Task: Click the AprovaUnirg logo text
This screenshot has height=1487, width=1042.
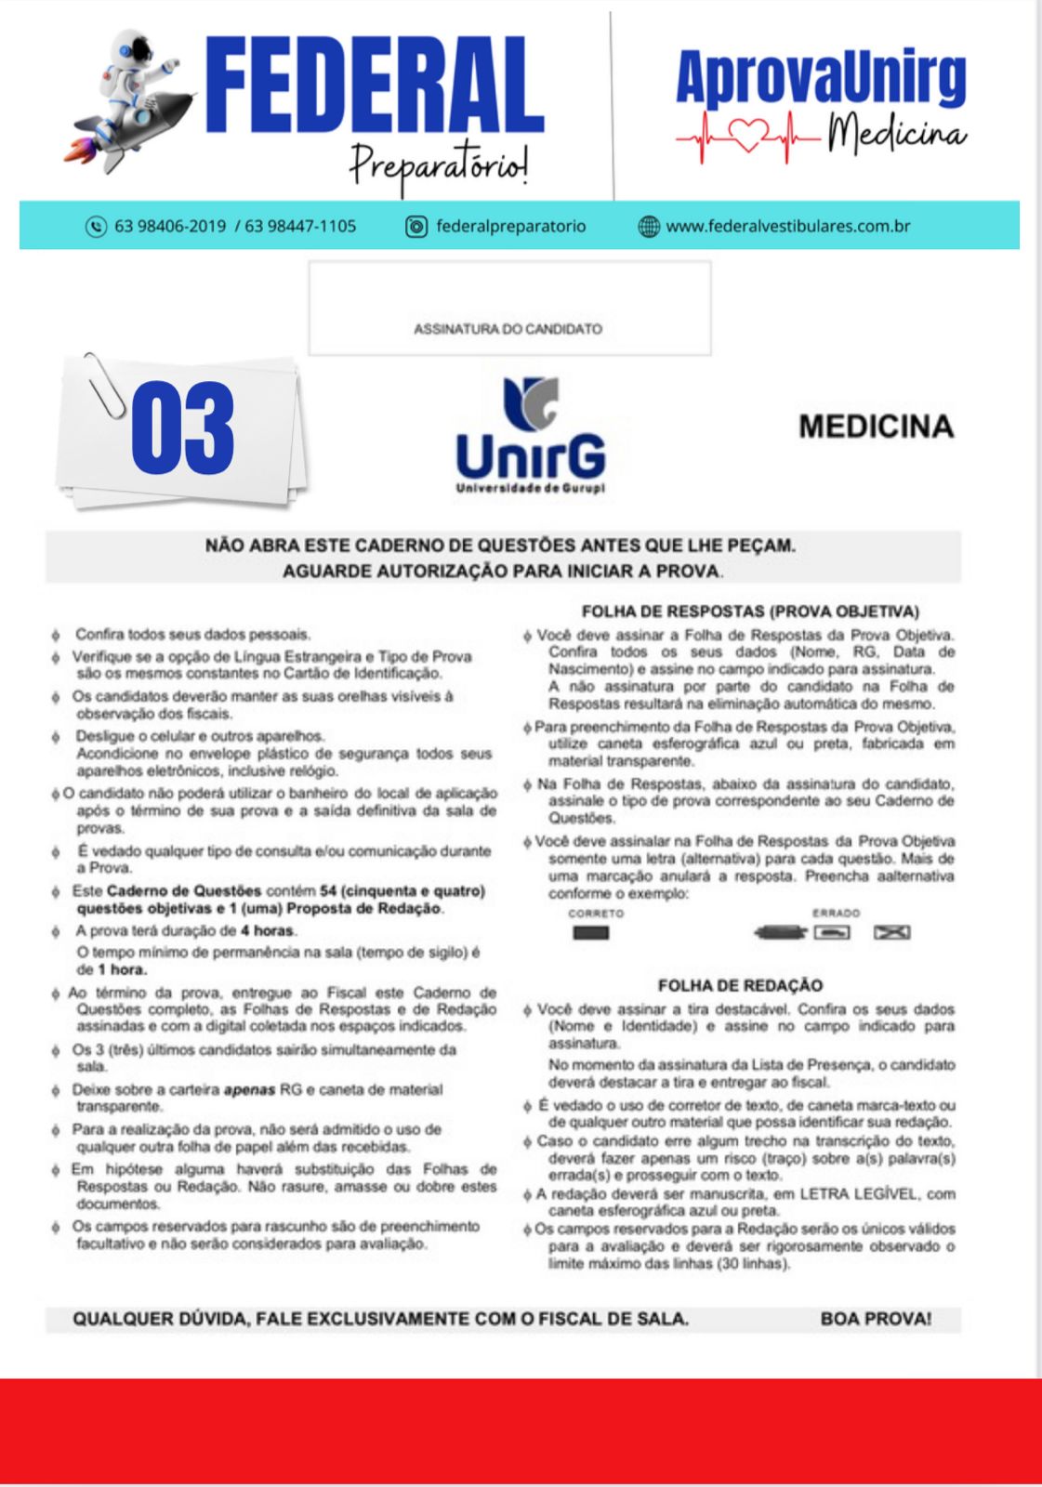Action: pos(821,78)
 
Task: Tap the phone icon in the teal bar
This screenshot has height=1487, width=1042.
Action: pos(96,227)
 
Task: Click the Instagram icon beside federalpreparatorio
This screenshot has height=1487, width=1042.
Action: pos(416,227)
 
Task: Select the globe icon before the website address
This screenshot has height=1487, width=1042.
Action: pos(649,227)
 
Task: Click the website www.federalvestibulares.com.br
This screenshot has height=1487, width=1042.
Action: pos(787,226)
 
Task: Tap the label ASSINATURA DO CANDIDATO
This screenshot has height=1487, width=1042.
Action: pos(508,329)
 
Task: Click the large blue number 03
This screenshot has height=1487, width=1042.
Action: pos(183,428)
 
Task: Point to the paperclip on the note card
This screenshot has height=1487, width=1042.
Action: pos(104,386)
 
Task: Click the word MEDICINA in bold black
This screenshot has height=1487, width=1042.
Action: pos(876,427)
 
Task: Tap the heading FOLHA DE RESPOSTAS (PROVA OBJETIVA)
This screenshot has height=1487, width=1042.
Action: pos(749,612)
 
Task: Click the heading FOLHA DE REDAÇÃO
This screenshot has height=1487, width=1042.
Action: pos(740,985)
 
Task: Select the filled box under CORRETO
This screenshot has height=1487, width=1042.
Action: pos(591,933)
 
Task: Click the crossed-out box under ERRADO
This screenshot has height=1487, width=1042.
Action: pos(891,933)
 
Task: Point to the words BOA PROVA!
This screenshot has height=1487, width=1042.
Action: pos(876,1319)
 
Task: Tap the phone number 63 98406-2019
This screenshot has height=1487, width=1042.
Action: pos(170,227)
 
